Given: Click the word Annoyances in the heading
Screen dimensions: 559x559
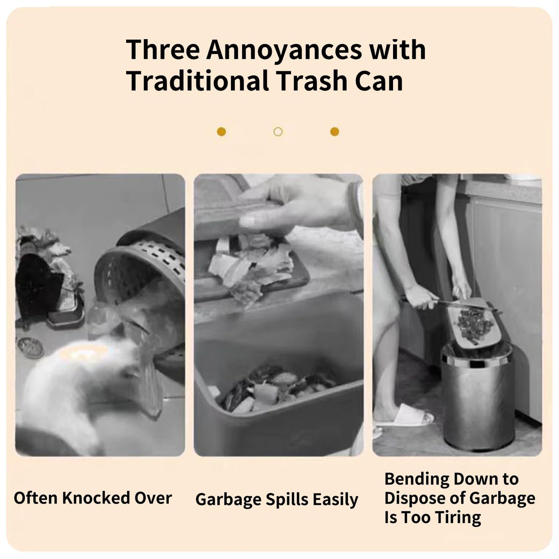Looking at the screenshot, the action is click(284, 50).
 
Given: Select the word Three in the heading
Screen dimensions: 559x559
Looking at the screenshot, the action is click(163, 50).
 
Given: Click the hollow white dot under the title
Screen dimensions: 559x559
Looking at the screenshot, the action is click(278, 132).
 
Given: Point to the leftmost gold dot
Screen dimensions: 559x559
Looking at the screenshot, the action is click(221, 132).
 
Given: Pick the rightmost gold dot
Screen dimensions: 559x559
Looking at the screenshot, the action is click(335, 132).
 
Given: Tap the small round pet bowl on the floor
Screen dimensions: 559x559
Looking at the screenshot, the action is click(30, 347).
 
